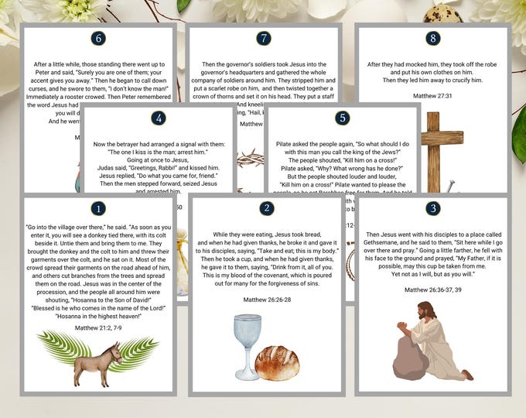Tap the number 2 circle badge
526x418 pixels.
(x=266, y=208)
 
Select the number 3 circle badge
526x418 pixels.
(x=433, y=208)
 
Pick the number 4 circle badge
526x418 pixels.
(x=159, y=118)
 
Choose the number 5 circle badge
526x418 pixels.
(x=343, y=118)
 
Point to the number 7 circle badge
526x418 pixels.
(x=265, y=38)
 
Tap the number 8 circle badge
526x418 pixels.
(x=433, y=38)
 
